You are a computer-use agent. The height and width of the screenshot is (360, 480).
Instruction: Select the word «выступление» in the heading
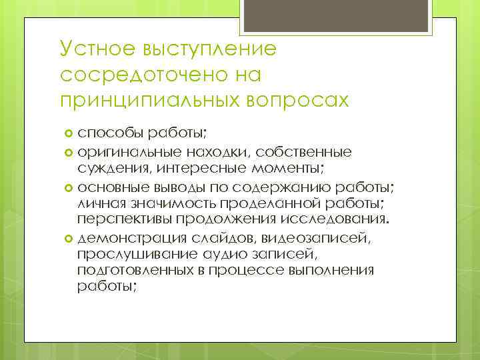(212, 49)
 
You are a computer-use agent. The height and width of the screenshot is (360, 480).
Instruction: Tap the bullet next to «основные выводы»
(69, 185)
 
